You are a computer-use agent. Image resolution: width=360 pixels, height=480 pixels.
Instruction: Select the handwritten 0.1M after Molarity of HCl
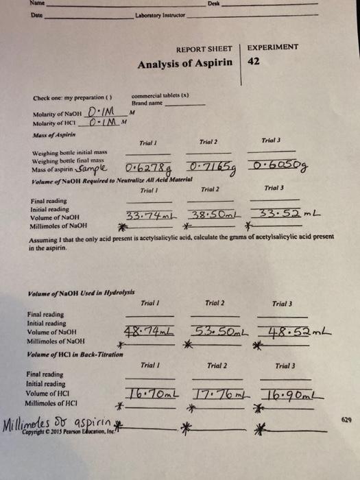(104, 123)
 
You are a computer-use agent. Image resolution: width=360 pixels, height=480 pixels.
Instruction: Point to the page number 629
(345, 417)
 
